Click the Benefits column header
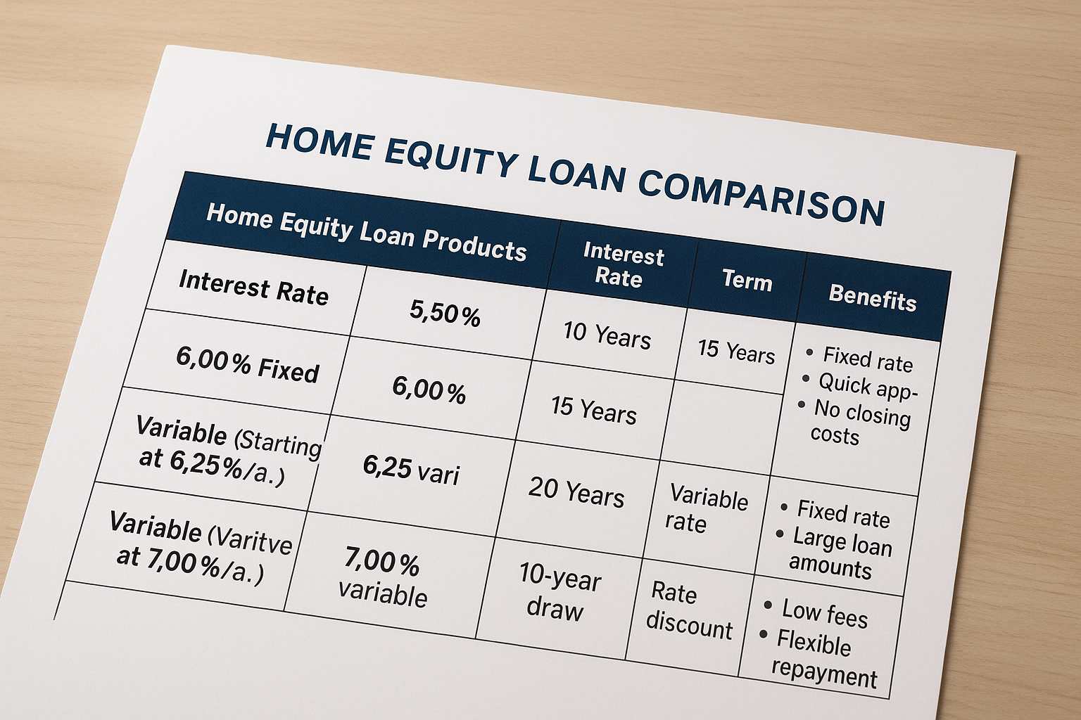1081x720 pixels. tap(872, 298)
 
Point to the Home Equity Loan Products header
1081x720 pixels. tap(366, 232)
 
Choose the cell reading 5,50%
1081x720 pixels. tap(445, 313)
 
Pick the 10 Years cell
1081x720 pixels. tap(607, 335)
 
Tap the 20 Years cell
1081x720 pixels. tap(576, 492)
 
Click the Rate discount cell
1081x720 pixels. tap(689, 610)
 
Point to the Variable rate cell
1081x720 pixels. tap(706, 508)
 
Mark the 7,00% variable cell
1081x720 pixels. tap(382, 577)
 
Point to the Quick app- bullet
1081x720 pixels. tap(860, 387)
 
